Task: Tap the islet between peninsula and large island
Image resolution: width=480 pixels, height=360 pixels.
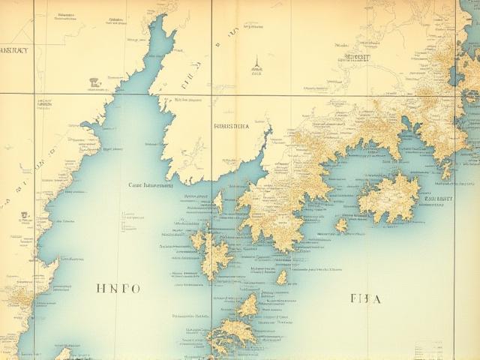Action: [341, 224]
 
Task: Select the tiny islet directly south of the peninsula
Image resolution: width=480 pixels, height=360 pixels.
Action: [282, 277]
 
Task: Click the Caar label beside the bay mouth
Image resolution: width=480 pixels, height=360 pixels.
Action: [150, 184]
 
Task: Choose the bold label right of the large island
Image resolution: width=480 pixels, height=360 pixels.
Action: [439, 199]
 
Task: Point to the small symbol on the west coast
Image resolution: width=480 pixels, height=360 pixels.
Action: [24, 215]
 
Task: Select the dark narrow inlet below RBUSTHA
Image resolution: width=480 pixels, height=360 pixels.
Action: [262, 146]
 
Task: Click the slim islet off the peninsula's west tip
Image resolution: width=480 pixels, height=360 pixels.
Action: [219, 201]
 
